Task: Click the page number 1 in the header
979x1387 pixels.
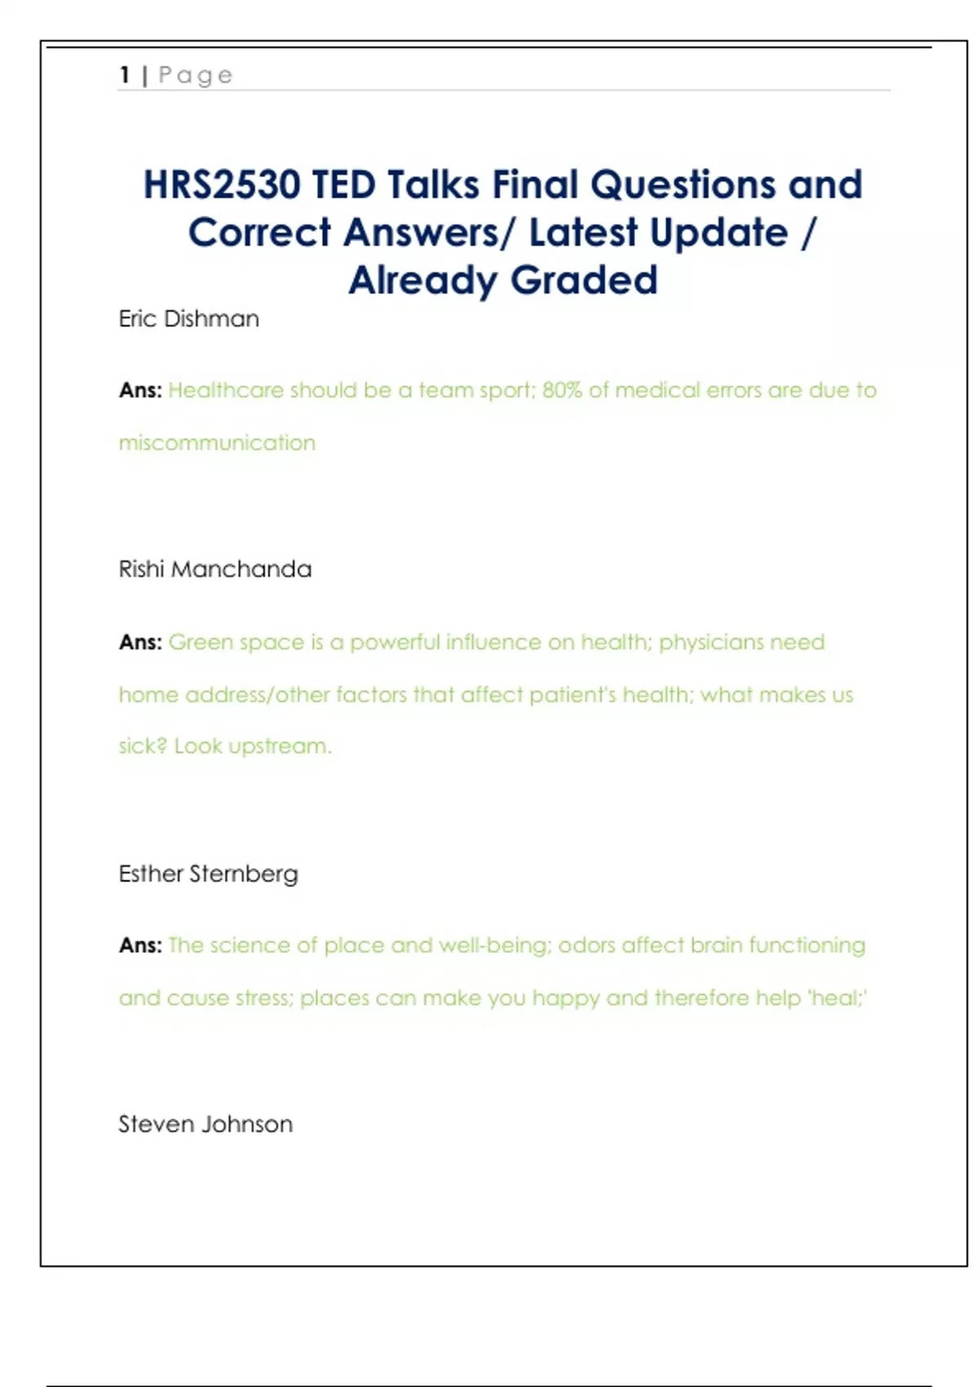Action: (125, 75)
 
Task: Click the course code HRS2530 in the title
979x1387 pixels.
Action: (222, 184)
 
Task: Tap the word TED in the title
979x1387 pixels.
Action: (343, 184)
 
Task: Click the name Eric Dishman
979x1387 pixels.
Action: (188, 318)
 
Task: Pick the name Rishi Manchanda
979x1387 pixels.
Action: (215, 569)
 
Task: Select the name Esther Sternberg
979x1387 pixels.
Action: (208, 874)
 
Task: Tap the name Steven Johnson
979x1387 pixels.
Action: (205, 1124)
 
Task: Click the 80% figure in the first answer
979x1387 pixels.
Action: (562, 390)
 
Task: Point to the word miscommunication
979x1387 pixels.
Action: (217, 443)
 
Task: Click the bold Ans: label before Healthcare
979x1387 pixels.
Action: (140, 390)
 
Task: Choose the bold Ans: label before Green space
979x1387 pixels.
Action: (140, 642)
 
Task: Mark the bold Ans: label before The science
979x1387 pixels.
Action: (140, 945)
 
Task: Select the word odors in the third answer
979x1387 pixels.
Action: (587, 945)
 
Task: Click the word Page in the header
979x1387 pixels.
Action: (196, 75)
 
